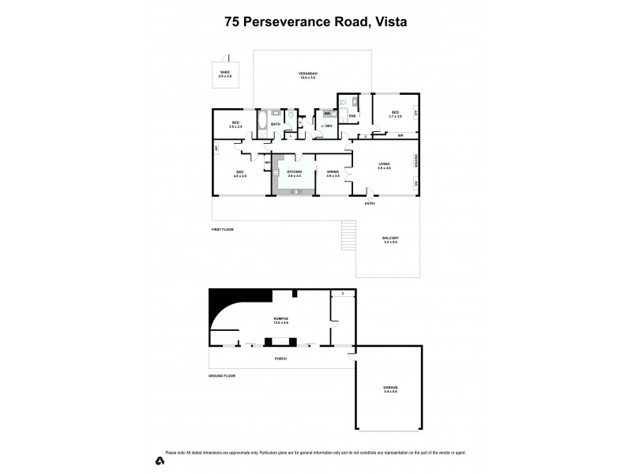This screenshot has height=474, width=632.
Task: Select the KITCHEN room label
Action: coord(295,171)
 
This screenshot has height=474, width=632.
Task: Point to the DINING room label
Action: coord(333,171)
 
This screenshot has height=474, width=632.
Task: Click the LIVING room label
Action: coord(384,164)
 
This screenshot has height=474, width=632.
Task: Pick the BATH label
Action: coord(276,124)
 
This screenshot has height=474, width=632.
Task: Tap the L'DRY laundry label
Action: coord(325,126)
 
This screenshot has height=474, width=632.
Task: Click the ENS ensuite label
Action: coord(352,117)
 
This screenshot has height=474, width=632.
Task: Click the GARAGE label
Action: coord(390,388)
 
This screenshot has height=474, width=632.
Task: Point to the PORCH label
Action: coord(280,359)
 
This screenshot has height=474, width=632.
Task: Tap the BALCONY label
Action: coord(390,237)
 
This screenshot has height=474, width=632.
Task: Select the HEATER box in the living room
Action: coord(415,161)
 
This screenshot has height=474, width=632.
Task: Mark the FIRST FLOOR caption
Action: coord(222,229)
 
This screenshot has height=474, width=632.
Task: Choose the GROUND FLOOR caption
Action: coord(222,376)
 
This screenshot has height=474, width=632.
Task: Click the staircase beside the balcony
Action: coord(346,235)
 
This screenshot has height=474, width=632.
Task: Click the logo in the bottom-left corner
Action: coord(160,460)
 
